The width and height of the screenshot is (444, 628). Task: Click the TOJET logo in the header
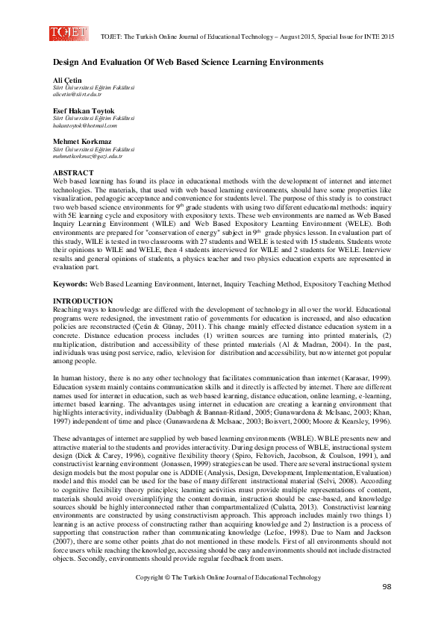68,34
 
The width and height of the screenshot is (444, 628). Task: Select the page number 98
386,609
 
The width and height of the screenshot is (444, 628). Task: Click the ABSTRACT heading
73,173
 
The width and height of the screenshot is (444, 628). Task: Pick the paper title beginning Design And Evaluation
187,63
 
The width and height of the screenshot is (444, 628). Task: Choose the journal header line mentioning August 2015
247,36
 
